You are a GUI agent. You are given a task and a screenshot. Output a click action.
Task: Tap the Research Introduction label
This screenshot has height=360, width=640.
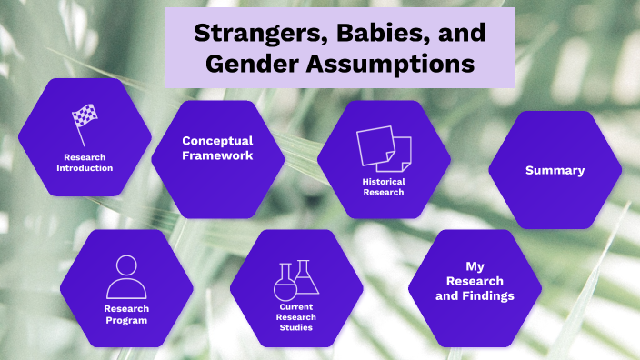pos(85,163)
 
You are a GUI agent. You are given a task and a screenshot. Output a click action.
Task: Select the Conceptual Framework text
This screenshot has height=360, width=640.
pos(217,148)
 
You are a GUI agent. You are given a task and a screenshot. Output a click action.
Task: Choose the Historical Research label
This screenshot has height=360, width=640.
pos(384,186)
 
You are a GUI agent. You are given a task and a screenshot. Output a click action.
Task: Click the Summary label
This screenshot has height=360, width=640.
pos(555,170)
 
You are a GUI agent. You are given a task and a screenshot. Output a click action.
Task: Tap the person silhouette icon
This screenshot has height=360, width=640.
pos(126,277)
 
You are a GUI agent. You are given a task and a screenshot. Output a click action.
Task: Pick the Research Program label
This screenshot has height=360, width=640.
pos(126,314)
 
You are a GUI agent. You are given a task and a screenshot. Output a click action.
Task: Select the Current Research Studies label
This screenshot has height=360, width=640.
pos(296,317)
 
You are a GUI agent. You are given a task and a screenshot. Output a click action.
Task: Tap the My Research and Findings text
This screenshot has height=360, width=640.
pos(475,281)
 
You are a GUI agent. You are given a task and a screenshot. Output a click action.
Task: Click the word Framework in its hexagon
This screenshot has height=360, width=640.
pos(217,155)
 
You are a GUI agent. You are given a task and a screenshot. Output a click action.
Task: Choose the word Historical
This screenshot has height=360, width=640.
pos(384,181)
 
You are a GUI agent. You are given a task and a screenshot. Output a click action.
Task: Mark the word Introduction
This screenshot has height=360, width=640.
pos(85,168)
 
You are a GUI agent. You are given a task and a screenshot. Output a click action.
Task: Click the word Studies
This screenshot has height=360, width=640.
pos(296,327)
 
